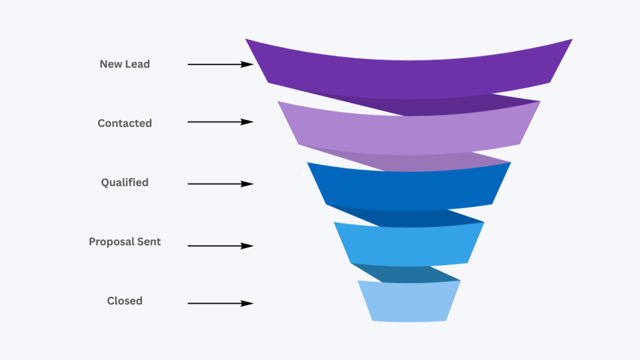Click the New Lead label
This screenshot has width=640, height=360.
[x=124, y=64]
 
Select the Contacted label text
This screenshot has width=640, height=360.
[x=124, y=123]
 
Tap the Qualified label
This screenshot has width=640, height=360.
[x=124, y=182]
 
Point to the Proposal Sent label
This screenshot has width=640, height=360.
[x=124, y=241]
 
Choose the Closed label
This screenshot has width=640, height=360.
[x=124, y=301]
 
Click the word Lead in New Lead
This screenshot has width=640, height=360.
[x=137, y=64]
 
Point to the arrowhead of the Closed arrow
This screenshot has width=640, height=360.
[x=249, y=304]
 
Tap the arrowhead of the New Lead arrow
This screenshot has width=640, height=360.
[x=249, y=64]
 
